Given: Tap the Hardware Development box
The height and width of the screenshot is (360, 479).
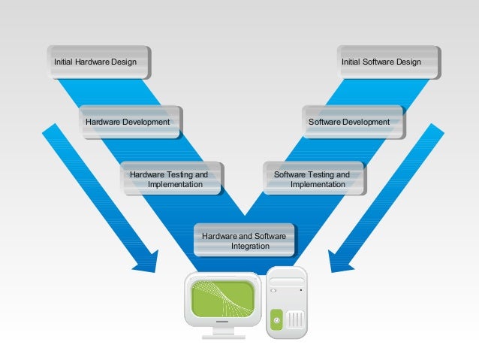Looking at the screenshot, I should click(x=128, y=122).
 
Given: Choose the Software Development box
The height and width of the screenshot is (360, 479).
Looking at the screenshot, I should click(x=349, y=122).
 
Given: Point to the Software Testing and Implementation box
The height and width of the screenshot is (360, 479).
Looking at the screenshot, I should click(x=312, y=179).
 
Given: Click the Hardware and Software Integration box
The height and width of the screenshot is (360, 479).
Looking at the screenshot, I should click(x=244, y=241).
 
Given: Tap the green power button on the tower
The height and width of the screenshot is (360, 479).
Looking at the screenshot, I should click(x=276, y=321).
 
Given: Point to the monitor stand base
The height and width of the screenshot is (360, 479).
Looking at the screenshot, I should click(x=223, y=333).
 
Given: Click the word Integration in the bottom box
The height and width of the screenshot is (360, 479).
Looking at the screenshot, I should click(x=250, y=247).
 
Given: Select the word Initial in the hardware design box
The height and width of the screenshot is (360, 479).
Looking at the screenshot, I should click(x=64, y=62).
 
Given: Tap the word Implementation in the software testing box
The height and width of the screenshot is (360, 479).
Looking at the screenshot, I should click(x=318, y=185).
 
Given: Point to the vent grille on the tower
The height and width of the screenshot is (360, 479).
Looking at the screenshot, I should click(x=295, y=320).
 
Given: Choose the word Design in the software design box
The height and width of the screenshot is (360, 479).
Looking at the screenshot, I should click(x=408, y=62).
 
